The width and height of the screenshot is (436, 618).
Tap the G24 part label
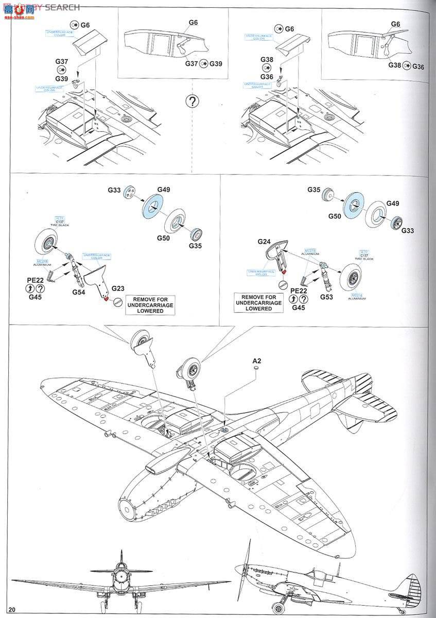click(x=264, y=241)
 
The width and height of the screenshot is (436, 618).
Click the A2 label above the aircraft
click(x=257, y=362)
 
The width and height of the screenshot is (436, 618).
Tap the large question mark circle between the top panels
click(x=191, y=101)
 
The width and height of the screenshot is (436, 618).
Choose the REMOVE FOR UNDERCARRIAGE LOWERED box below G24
click(x=258, y=302)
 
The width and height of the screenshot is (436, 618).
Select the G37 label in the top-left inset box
click(x=191, y=63)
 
